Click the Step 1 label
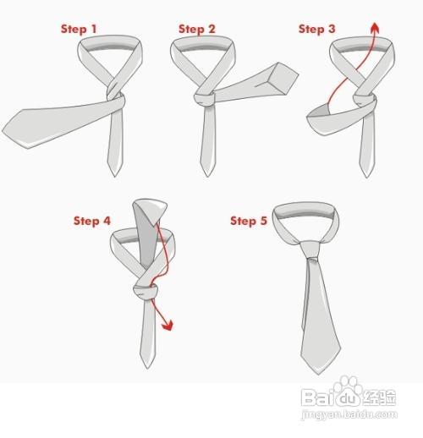79,29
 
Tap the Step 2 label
196,29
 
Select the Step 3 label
316,29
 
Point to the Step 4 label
91,221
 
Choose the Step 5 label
249,221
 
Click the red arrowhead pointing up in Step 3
373,28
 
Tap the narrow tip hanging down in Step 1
116,172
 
